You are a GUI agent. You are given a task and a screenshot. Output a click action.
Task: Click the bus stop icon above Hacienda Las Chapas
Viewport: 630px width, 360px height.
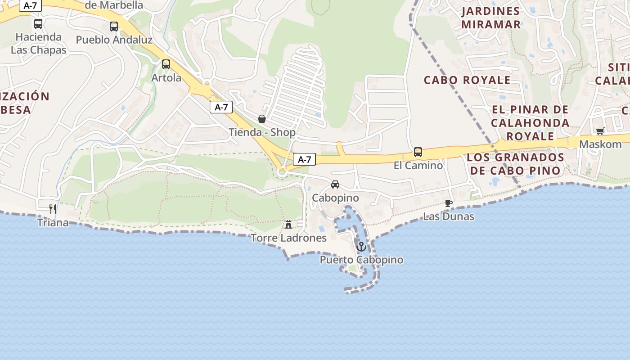pos(38,23)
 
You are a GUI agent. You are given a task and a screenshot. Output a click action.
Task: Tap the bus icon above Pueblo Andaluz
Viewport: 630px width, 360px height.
pos(114,26)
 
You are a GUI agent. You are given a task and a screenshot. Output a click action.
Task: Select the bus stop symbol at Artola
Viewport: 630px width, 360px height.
pos(166,64)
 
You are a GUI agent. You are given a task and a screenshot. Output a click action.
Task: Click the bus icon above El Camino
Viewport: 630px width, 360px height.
pos(418,152)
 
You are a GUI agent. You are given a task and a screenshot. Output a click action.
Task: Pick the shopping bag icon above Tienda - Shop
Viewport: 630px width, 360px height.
pos(262,119)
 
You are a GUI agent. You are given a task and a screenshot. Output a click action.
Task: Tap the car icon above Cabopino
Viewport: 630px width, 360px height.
pos(335,184)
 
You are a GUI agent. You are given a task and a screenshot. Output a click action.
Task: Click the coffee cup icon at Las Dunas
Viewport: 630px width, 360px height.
pos(448,203)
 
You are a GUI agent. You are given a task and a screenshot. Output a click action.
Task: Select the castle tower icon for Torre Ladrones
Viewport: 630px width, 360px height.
pos(288,224)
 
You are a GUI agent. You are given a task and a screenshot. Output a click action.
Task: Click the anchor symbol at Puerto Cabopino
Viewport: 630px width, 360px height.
pos(361,247)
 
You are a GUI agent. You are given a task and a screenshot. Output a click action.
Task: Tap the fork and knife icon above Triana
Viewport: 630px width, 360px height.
pos(53,209)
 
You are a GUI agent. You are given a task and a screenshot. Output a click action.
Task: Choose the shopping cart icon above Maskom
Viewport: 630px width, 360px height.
pos(600,131)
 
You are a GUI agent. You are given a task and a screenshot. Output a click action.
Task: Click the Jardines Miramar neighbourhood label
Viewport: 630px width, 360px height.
pos(490,18)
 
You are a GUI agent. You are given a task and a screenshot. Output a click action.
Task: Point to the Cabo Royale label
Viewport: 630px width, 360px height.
pos(467,80)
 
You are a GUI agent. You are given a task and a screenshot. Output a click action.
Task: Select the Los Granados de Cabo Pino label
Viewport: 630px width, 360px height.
pos(515,164)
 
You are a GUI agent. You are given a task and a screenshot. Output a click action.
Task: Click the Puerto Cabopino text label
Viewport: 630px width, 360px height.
pos(361,260)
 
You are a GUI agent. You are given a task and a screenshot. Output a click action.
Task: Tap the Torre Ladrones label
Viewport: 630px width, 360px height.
pos(288,238)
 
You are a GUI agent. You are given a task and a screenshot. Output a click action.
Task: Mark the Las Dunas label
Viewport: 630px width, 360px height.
pos(448,216)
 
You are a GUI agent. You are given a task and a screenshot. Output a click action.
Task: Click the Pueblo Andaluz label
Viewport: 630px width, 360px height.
pos(114,40)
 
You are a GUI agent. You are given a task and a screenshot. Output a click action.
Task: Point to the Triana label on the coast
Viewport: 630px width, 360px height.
pos(53,222)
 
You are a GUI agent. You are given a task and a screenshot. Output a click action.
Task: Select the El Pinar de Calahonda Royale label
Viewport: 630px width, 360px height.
pos(530,122)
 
